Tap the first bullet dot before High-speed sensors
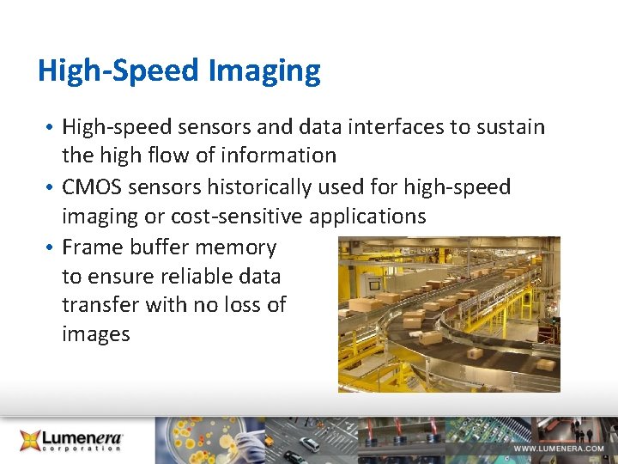[51, 128]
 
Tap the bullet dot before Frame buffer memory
[51, 248]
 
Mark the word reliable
[185, 277]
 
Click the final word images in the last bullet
[95, 334]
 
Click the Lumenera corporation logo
[73, 440]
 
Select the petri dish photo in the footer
[203, 440]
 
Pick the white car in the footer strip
[310, 443]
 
